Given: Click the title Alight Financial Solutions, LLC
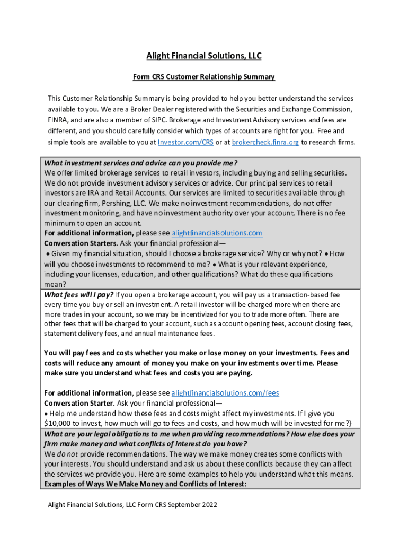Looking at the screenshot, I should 203,56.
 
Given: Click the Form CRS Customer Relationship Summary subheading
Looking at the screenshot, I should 203,77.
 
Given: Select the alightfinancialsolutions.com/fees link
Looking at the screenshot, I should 225,393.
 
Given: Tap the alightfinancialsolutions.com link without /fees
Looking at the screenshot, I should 217,233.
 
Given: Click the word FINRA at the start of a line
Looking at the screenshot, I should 58,120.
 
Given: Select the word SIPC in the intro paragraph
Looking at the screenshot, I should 152,120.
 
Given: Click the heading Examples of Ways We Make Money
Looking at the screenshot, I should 145,484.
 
